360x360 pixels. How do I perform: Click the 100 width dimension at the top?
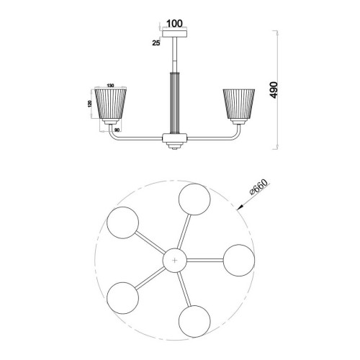click(x=174, y=24)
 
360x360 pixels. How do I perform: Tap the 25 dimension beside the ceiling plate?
click(x=156, y=43)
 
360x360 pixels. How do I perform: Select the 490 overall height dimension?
click(x=274, y=90)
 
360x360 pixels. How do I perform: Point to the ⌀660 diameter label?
click(x=258, y=187)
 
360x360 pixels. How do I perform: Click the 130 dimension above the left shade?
click(x=110, y=86)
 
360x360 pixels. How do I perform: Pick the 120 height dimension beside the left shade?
click(x=90, y=104)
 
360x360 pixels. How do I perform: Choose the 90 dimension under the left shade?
click(x=117, y=130)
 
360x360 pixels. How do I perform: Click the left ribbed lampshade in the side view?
click(x=111, y=104)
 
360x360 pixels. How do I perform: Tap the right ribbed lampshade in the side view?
click(x=239, y=104)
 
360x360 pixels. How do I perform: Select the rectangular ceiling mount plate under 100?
click(x=175, y=33)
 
